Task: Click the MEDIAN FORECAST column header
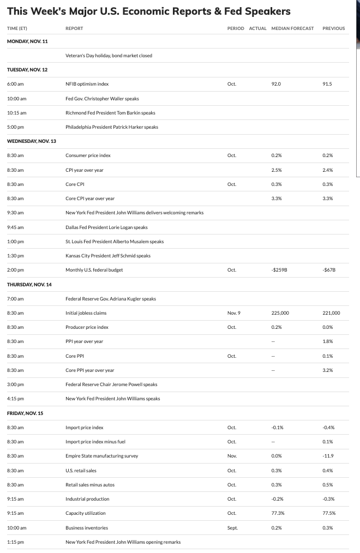click(x=292, y=28)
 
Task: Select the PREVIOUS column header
click(x=334, y=28)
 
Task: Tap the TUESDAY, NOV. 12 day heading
click(x=27, y=70)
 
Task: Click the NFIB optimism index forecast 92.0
click(x=276, y=85)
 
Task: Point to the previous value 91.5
click(x=327, y=85)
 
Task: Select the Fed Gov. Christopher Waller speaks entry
click(x=102, y=99)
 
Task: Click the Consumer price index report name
click(x=88, y=155)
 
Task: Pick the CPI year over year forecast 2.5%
click(x=276, y=170)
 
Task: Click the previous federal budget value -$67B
click(x=328, y=270)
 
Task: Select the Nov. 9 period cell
click(x=234, y=313)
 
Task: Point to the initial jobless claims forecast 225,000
click(x=280, y=313)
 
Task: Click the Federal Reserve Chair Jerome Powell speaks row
click(x=111, y=384)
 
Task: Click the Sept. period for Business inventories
click(x=232, y=528)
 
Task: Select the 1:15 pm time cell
click(x=15, y=542)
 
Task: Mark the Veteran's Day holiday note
click(x=109, y=56)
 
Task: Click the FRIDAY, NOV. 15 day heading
click(x=26, y=413)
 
